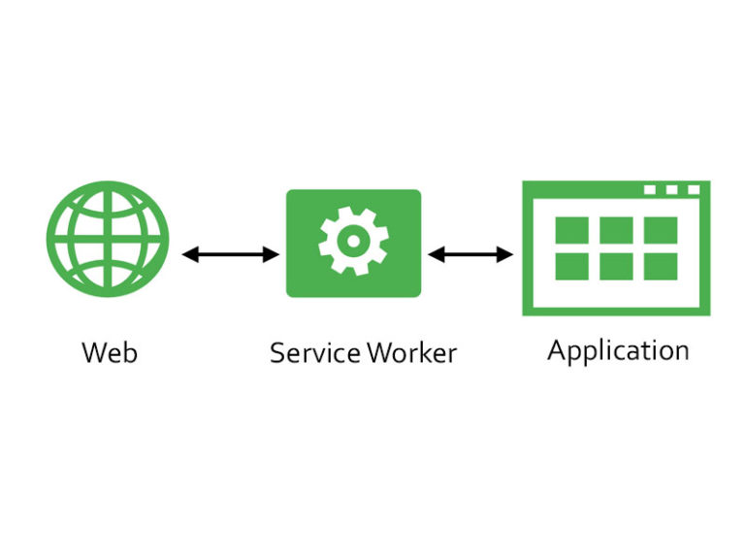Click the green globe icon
tap(108, 239)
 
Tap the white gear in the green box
tap(353, 241)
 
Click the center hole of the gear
tap(353, 241)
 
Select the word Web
tap(110, 352)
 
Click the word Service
tap(315, 353)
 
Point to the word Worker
tap(412, 353)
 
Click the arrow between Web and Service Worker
tap(231, 255)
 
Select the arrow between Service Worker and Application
tap(470, 254)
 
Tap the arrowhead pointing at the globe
tap(190, 255)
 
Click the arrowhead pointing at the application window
tap(504, 254)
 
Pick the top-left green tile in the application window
tap(572, 231)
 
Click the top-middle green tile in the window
tap(616, 231)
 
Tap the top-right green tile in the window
tap(661, 231)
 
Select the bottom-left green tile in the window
tap(572, 266)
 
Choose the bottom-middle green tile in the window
tap(616, 266)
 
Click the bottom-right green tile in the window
tap(661, 266)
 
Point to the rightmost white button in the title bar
tap(694, 189)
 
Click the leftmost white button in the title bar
tap(650, 189)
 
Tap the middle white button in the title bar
tap(671, 189)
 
